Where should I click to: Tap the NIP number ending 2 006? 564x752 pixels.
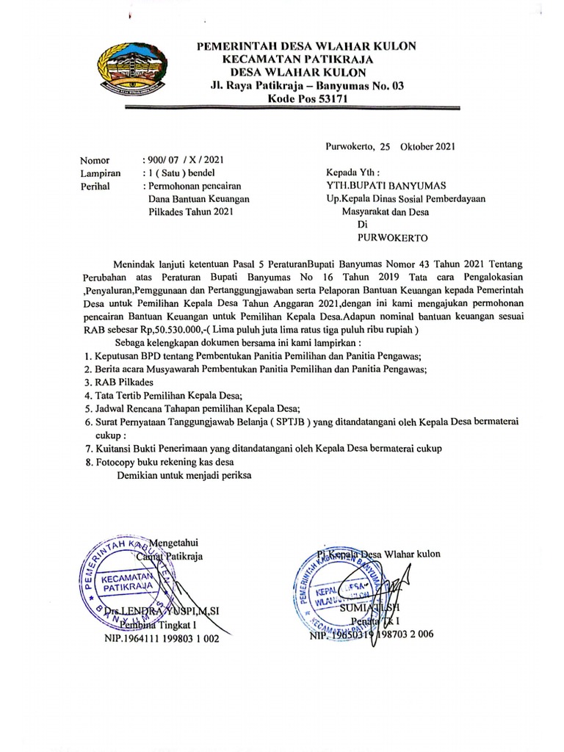pos(370,635)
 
